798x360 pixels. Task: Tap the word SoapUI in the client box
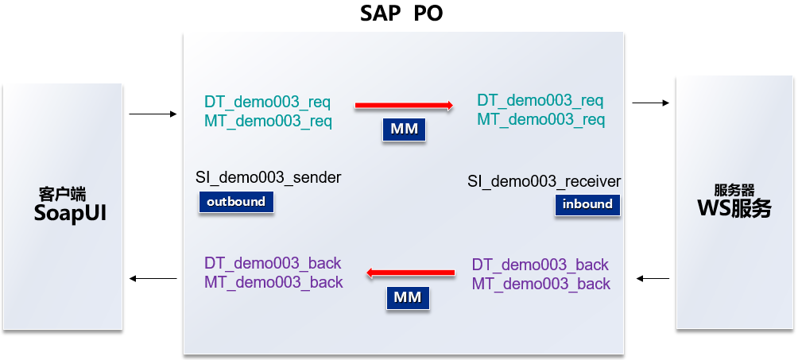pos(70,214)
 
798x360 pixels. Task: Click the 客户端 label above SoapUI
pos(62,193)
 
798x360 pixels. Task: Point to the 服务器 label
pos(734,191)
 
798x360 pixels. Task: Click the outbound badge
pos(236,202)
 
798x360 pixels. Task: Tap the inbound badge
pos(587,204)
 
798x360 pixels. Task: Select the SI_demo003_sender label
pos(268,177)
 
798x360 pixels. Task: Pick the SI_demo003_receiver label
pos(544,182)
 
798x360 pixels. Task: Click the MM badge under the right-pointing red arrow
pos(404,130)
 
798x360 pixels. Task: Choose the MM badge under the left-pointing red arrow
pos(409,298)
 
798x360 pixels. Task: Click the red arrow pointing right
pos(404,105)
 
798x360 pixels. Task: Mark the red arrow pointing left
pos(410,273)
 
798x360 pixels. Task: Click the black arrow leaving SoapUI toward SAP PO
pos(153,114)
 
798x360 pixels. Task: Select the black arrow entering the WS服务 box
pos(650,103)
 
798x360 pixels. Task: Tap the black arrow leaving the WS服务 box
pos(653,278)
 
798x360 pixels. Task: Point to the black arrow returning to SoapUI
pos(153,278)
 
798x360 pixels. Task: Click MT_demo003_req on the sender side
pos(268,122)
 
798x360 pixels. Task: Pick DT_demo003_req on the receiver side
pos(540,101)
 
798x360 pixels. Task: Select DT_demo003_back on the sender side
pos(273,263)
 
